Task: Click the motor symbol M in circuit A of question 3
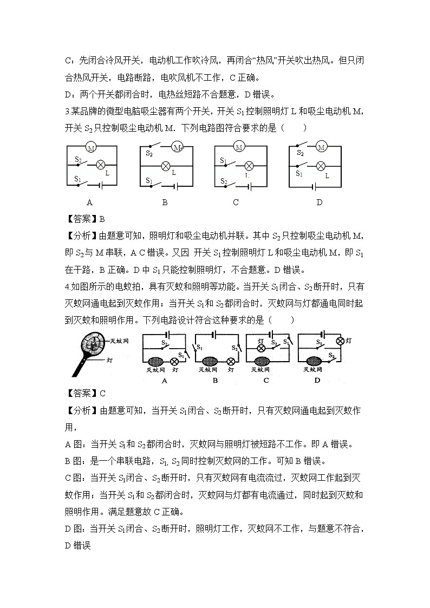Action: pos(91,148)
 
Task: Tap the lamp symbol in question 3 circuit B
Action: pos(166,165)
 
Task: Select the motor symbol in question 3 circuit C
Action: pos(239,146)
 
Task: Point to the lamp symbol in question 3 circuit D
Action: pos(321,166)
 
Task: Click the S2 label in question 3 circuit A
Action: pos(78,160)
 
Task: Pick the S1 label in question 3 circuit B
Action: pos(148,180)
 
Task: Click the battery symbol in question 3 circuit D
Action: pos(313,187)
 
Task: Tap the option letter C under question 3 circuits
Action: pos(236,202)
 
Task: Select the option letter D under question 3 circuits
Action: pos(319,202)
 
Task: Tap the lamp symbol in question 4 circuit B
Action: pos(231,362)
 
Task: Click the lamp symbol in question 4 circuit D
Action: pos(341,341)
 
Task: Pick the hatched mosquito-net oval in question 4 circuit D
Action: pos(312,362)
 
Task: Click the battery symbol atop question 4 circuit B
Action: pos(214,335)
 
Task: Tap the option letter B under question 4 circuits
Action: pos(215,380)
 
